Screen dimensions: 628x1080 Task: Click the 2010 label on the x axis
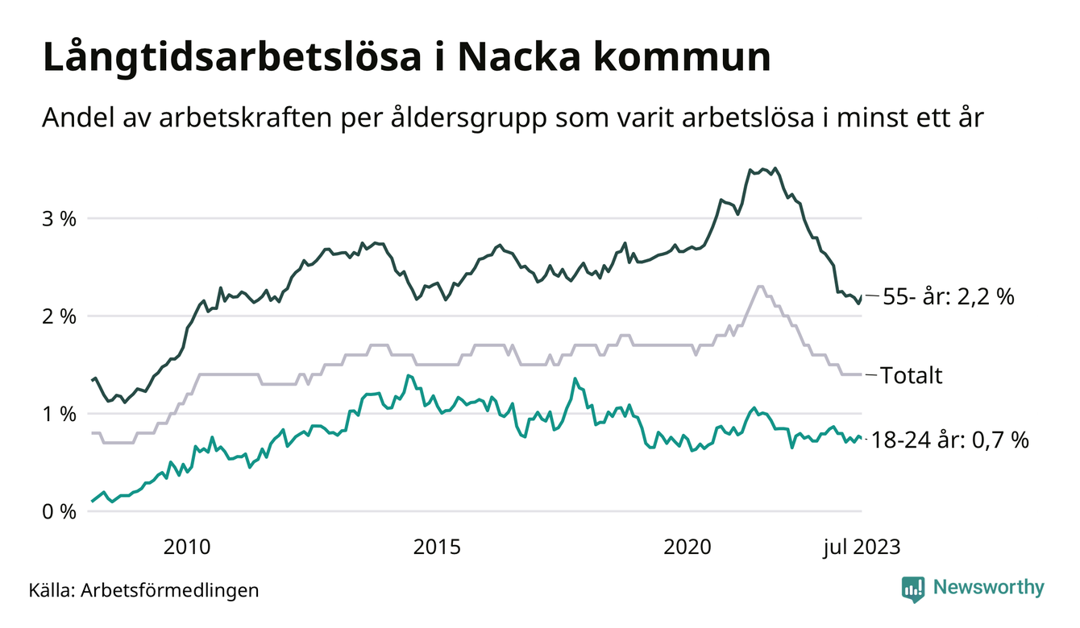186,547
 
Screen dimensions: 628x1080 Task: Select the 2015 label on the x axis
437,547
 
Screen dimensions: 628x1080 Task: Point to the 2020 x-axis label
687,547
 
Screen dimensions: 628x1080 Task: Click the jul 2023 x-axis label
861,547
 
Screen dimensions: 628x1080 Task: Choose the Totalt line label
911,375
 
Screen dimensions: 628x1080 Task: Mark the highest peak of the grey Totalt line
759,287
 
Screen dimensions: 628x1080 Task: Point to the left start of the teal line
93,502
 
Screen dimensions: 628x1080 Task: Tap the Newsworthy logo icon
913,589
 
